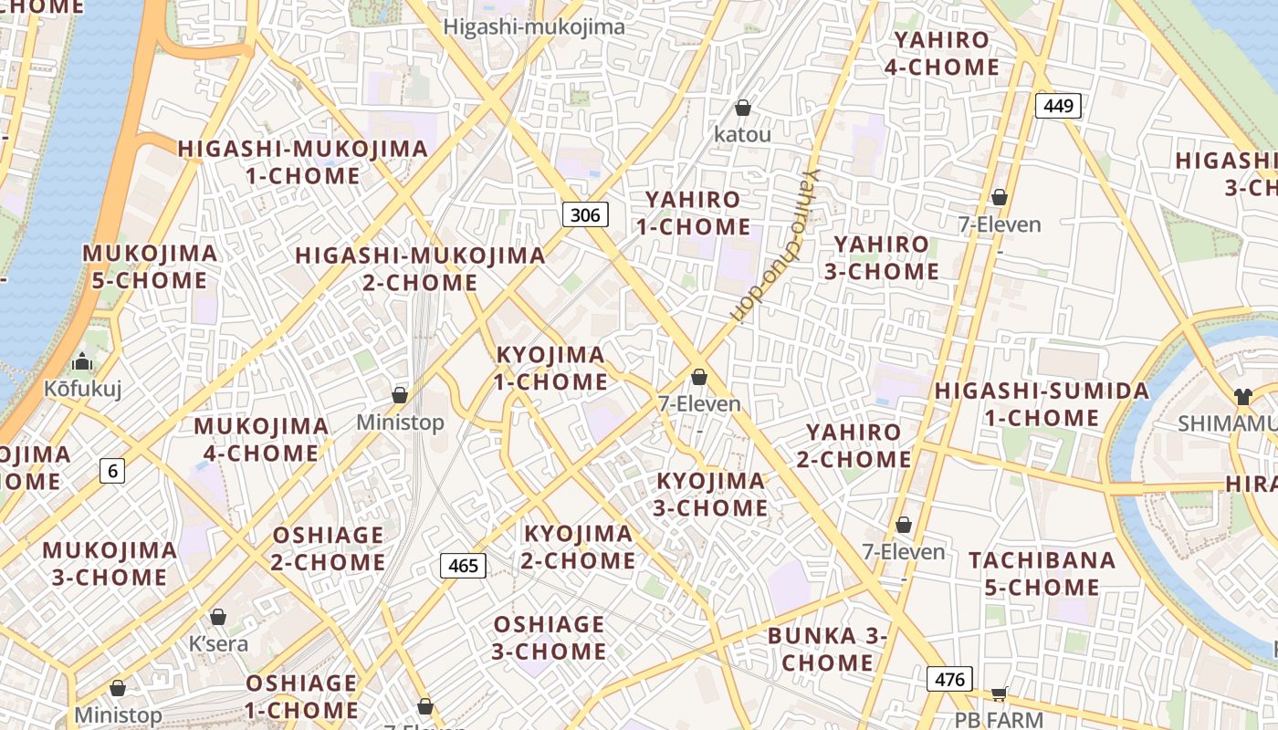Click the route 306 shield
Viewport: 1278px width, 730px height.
584,215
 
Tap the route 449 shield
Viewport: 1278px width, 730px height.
1058,106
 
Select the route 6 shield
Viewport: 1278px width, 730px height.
112,471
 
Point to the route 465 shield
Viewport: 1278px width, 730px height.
463,566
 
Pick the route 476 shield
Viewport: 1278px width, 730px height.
949,679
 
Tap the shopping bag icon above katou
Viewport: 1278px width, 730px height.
743,108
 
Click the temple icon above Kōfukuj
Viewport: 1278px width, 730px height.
82,362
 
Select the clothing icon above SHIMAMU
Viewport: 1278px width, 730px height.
1242,396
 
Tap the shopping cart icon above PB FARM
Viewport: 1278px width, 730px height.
999,693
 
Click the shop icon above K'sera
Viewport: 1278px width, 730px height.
217,617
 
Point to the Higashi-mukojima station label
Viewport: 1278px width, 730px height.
534,27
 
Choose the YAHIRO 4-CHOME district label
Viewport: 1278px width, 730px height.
947,54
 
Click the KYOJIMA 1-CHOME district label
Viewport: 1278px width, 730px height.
550,368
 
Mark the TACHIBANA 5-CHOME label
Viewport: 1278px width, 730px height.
1042,573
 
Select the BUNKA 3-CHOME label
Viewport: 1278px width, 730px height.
827,649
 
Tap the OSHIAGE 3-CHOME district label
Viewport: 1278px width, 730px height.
549,638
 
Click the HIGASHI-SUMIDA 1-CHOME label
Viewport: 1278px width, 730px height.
1042,404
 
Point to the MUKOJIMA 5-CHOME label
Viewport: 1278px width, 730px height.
151,266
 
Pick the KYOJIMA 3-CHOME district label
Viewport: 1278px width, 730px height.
712,494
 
